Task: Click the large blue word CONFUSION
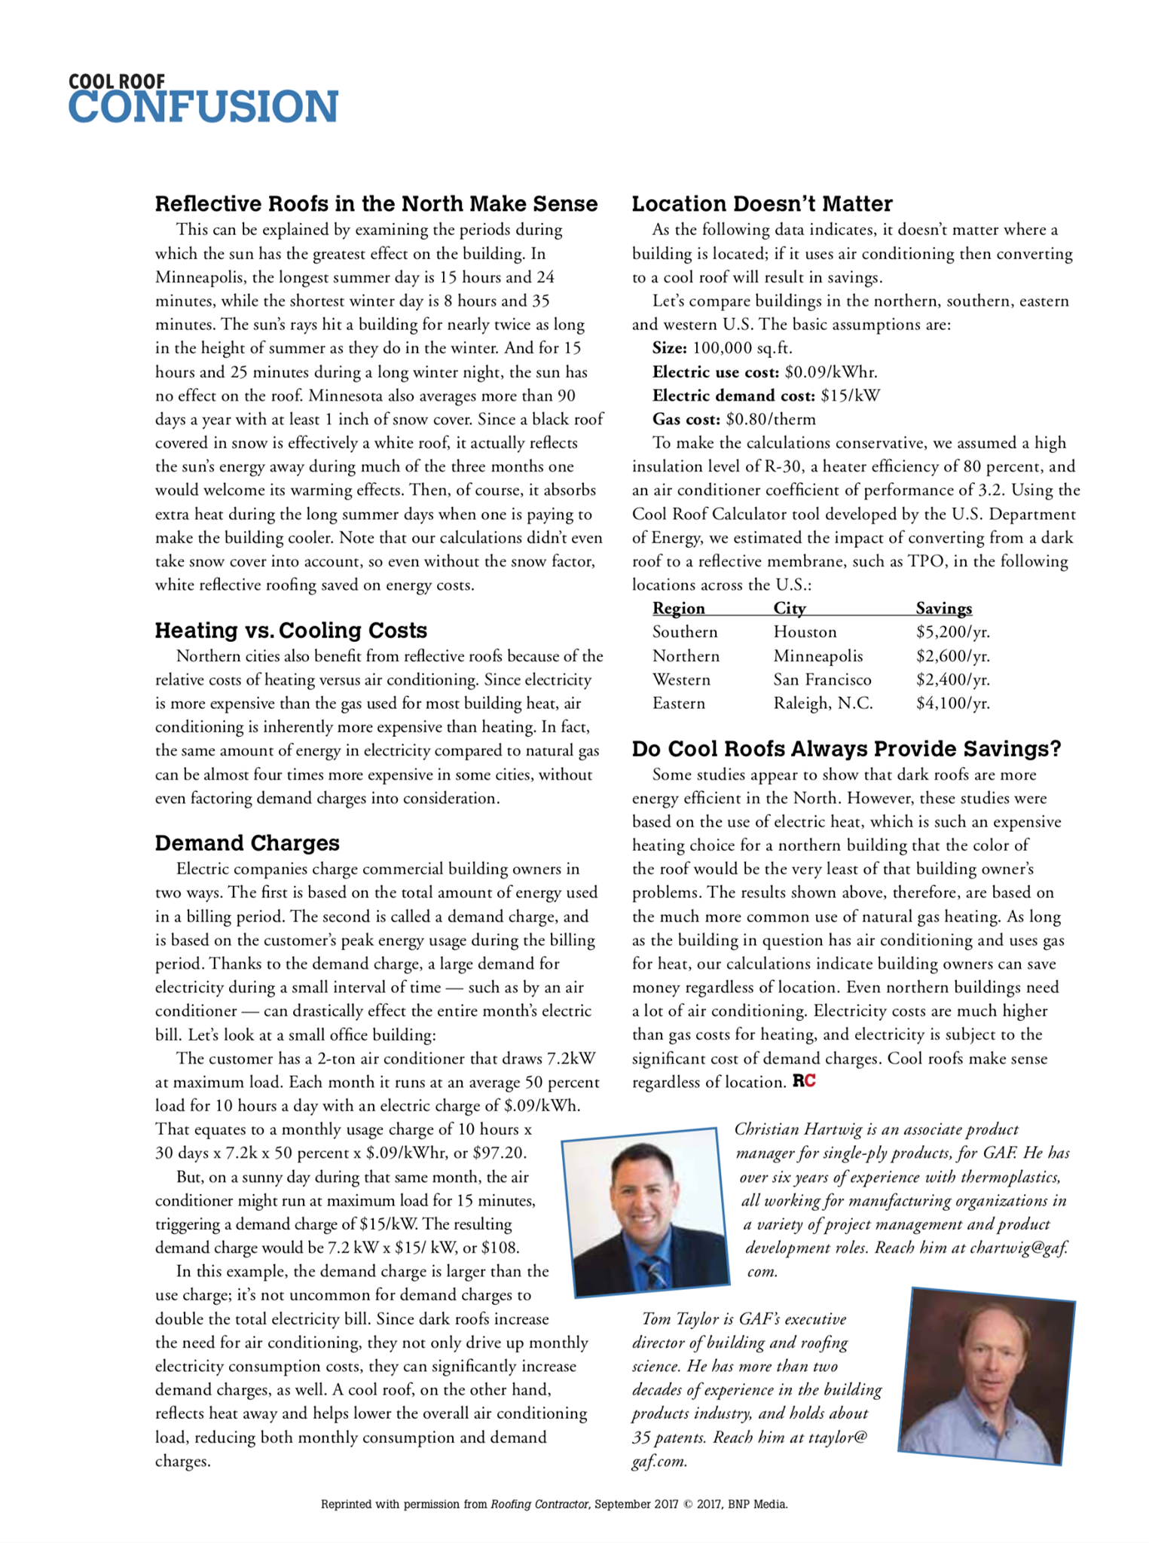pyautogui.click(x=203, y=107)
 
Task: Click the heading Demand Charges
pyautogui.click(x=247, y=843)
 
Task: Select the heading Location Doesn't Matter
pyautogui.click(x=762, y=204)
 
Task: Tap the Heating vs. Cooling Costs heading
pyautogui.click(x=291, y=631)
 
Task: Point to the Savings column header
pyautogui.click(x=943, y=609)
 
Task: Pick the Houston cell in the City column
pyautogui.click(x=805, y=632)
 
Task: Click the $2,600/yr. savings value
pyautogui.click(x=952, y=656)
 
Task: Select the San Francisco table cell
pyautogui.click(x=822, y=680)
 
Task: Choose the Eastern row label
pyautogui.click(x=679, y=704)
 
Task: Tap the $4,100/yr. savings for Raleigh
pyautogui.click(x=952, y=704)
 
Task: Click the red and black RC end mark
pyautogui.click(x=804, y=1082)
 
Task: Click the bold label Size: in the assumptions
pyautogui.click(x=669, y=348)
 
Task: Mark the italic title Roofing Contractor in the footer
pyautogui.click(x=539, y=1505)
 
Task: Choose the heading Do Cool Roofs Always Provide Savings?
pyautogui.click(x=846, y=749)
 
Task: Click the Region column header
pyautogui.click(x=678, y=609)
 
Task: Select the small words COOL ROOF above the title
pyautogui.click(x=116, y=81)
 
